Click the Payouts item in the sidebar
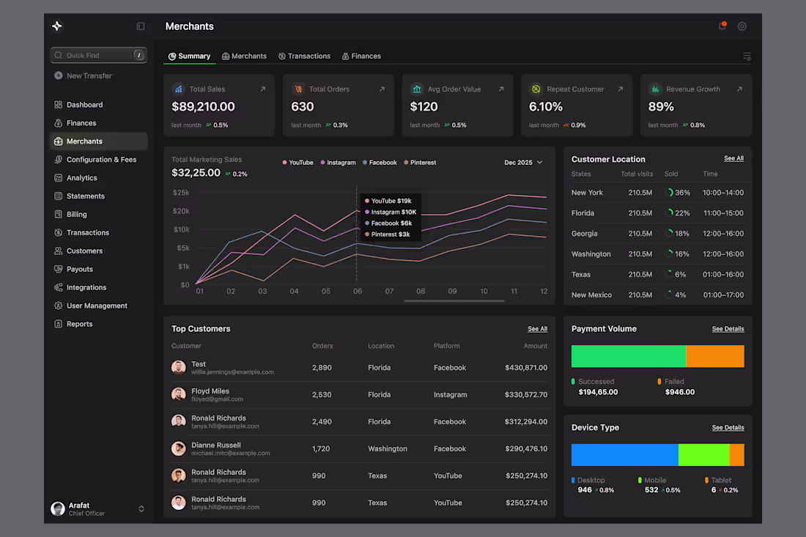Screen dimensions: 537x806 click(79, 269)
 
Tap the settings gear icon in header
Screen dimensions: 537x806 click(742, 26)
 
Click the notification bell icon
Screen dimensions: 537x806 click(722, 26)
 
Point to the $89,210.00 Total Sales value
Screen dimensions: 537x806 click(203, 106)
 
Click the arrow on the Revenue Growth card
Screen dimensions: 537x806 click(739, 89)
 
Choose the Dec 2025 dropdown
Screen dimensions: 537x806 click(523, 162)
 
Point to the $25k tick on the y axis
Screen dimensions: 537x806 click(180, 193)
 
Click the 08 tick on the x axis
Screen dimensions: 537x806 click(421, 291)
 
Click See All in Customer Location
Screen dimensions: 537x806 click(733, 158)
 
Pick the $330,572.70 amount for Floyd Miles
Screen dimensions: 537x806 click(525, 394)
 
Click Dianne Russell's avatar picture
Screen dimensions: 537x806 click(178, 448)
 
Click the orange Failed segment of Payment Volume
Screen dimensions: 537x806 click(714, 356)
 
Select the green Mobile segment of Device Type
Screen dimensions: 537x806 click(703, 454)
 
